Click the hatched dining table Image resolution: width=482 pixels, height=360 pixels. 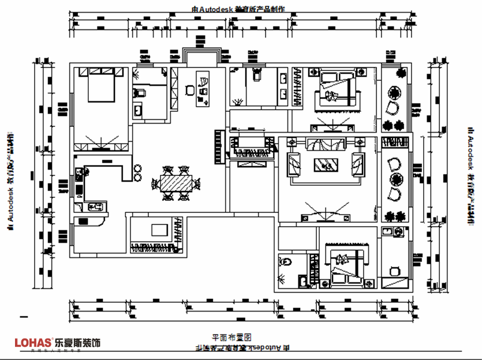click(x=175, y=184)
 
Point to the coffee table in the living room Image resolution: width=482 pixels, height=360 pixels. click(x=326, y=164)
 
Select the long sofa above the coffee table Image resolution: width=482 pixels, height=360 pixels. click(x=326, y=144)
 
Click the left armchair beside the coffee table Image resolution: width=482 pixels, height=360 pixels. click(x=294, y=164)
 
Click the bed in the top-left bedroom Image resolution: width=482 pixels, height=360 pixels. click(x=102, y=85)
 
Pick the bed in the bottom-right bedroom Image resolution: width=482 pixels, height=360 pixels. click(x=346, y=264)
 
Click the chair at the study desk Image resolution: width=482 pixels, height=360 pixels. click(x=189, y=90)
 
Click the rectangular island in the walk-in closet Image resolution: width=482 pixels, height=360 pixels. click(x=159, y=230)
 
